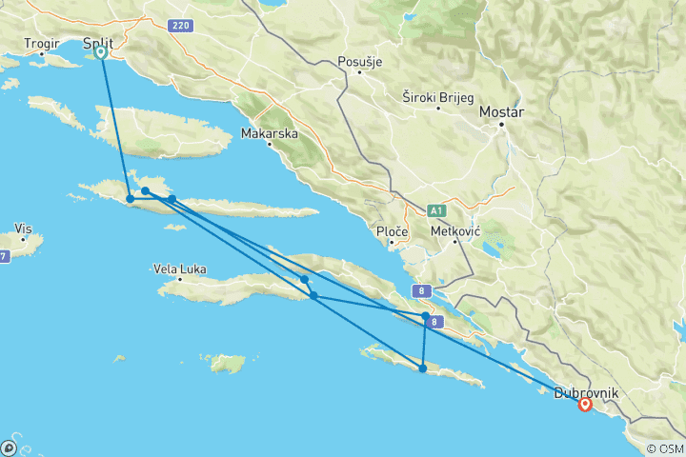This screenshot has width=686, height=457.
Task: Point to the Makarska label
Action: (269, 133)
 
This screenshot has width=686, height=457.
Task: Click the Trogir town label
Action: (43, 43)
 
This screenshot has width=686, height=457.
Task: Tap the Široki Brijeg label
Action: (437, 96)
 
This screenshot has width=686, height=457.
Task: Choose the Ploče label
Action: (393, 231)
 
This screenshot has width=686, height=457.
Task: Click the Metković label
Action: (457, 231)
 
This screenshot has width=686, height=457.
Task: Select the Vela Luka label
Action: (179, 269)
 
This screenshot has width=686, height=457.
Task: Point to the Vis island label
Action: (24, 228)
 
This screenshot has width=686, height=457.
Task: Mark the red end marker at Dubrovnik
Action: (584, 405)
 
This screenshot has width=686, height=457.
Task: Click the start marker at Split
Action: (101, 53)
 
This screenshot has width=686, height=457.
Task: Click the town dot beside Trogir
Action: (43, 54)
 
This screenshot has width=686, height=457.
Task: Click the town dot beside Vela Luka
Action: (179, 281)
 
